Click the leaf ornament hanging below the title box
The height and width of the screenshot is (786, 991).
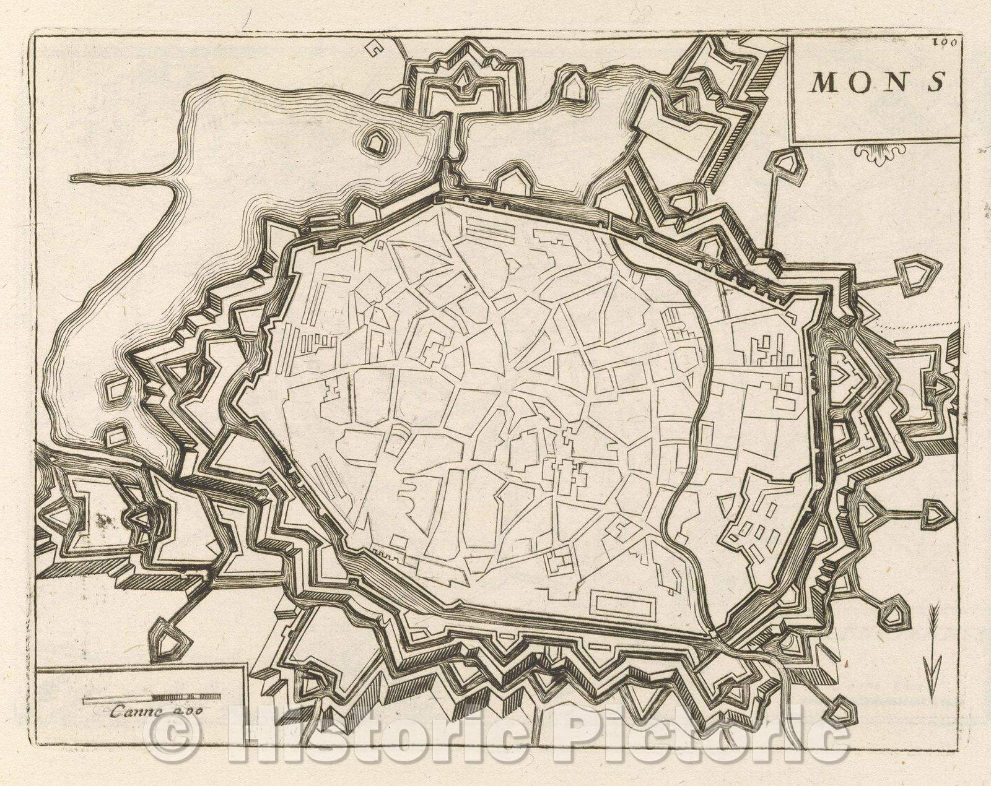(879, 154)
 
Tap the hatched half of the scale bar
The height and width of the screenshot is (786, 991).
(186, 700)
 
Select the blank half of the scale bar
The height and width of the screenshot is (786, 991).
(118, 700)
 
